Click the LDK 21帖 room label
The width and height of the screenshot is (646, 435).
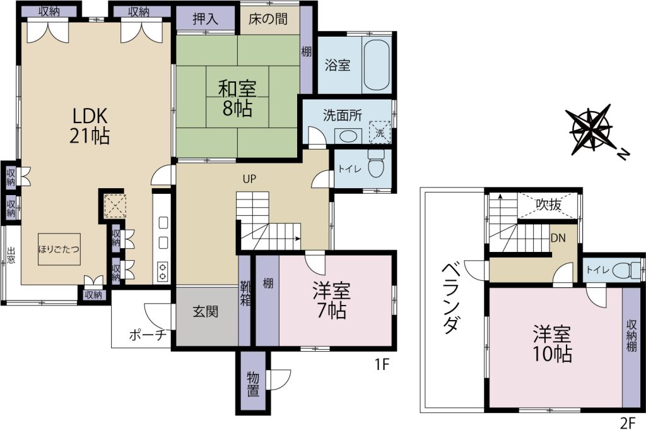coord(91,126)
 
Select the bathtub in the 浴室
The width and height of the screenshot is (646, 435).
coord(377,64)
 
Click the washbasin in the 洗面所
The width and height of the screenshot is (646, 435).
coord(346,135)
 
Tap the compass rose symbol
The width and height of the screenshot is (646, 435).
coord(591,130)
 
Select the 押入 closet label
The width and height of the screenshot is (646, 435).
coord(206,19)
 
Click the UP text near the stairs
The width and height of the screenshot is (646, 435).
coord(249,178)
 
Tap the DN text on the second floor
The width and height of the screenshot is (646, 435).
coord(558,238)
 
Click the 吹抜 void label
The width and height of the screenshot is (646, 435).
coord(549,205)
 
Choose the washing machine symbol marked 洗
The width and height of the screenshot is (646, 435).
coord(380,133)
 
